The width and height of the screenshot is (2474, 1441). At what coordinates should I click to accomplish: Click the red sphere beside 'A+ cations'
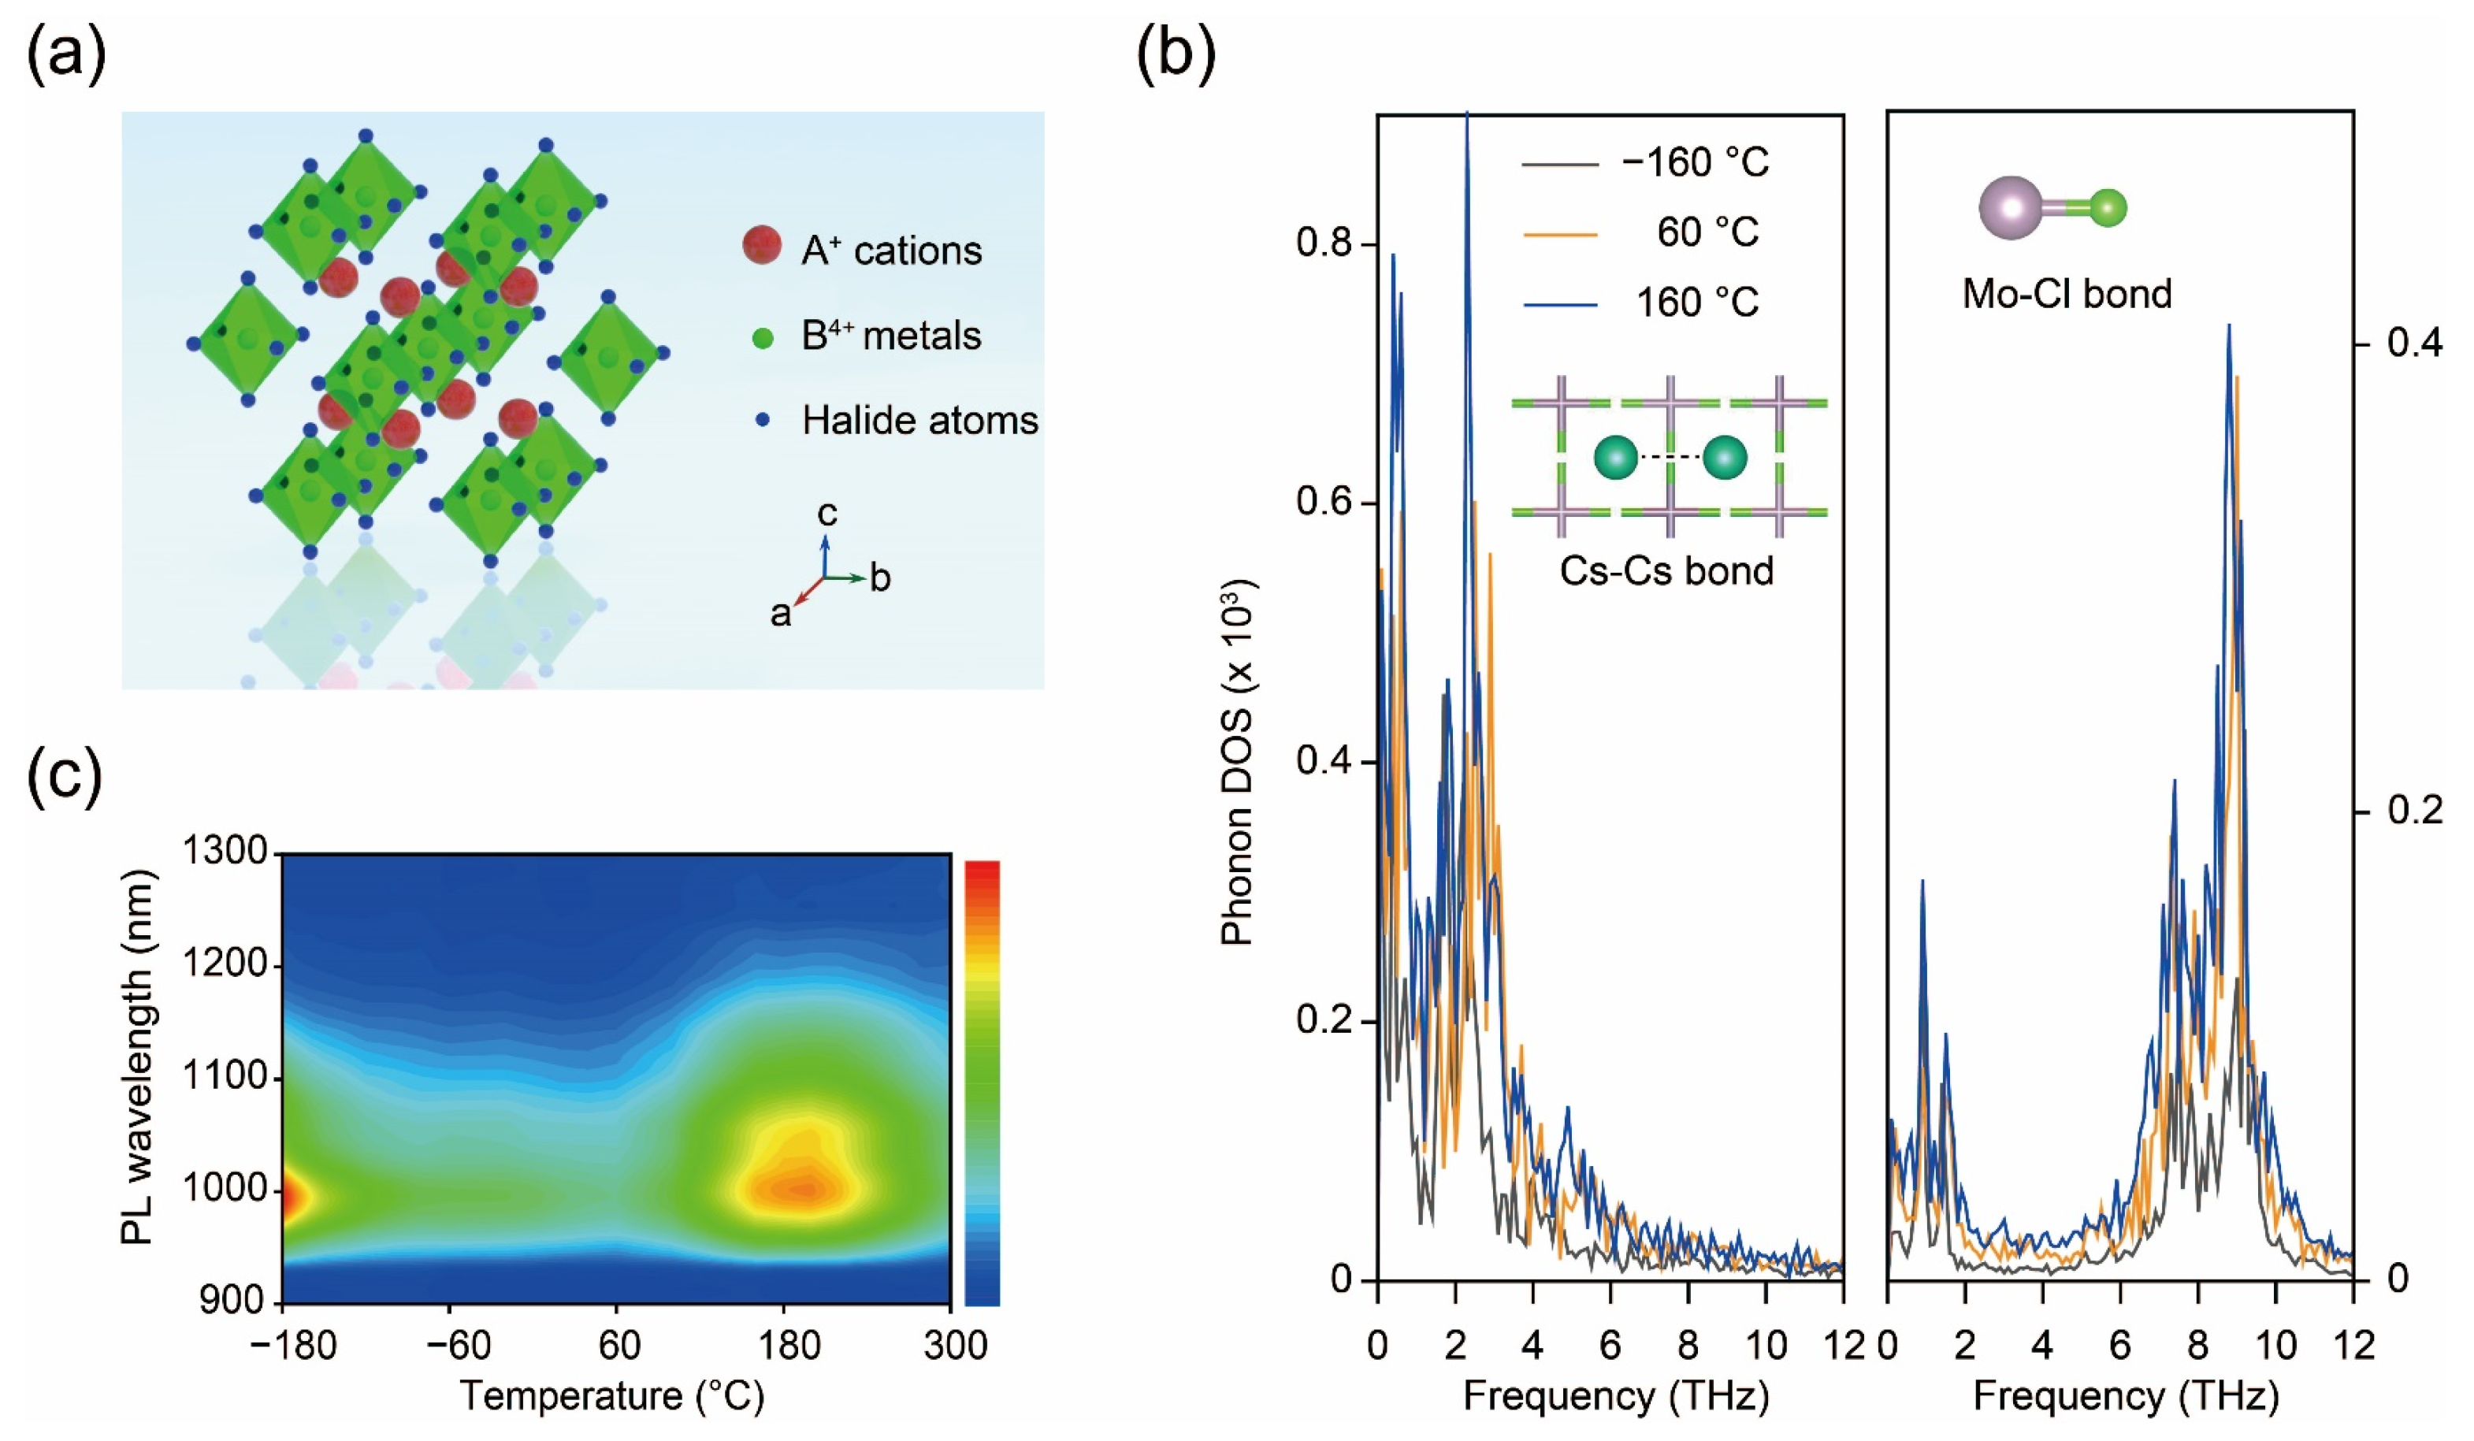[762, 245]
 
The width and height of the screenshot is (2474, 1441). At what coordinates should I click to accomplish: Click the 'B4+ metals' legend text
[890, 336]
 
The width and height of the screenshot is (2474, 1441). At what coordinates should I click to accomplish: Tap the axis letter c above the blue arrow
[827, 514]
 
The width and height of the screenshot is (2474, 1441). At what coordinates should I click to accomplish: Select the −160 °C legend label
[1696, 163]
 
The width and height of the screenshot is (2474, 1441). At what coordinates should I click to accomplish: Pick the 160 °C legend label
[1697, 303]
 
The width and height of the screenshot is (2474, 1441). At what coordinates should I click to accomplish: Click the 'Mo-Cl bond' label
[2067, 295]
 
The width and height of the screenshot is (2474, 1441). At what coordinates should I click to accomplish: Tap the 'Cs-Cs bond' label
[1666, 571]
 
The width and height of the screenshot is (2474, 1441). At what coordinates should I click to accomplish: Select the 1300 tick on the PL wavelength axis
[225, 852]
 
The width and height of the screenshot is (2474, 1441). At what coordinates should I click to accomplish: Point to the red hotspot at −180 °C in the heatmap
[292, 1198]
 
